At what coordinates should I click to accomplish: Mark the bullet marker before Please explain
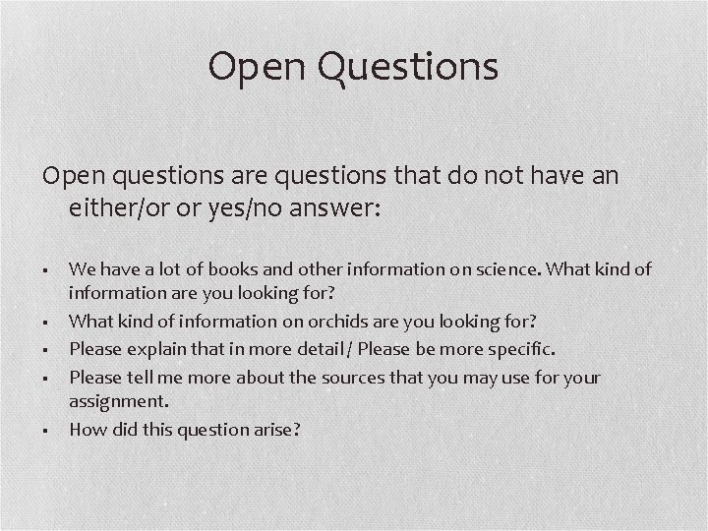pos(47,350)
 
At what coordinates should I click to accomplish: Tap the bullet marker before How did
pos(47,430)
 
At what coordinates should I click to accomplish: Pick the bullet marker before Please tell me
pos(47,378)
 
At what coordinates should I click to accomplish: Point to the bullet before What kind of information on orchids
pos(47,323)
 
